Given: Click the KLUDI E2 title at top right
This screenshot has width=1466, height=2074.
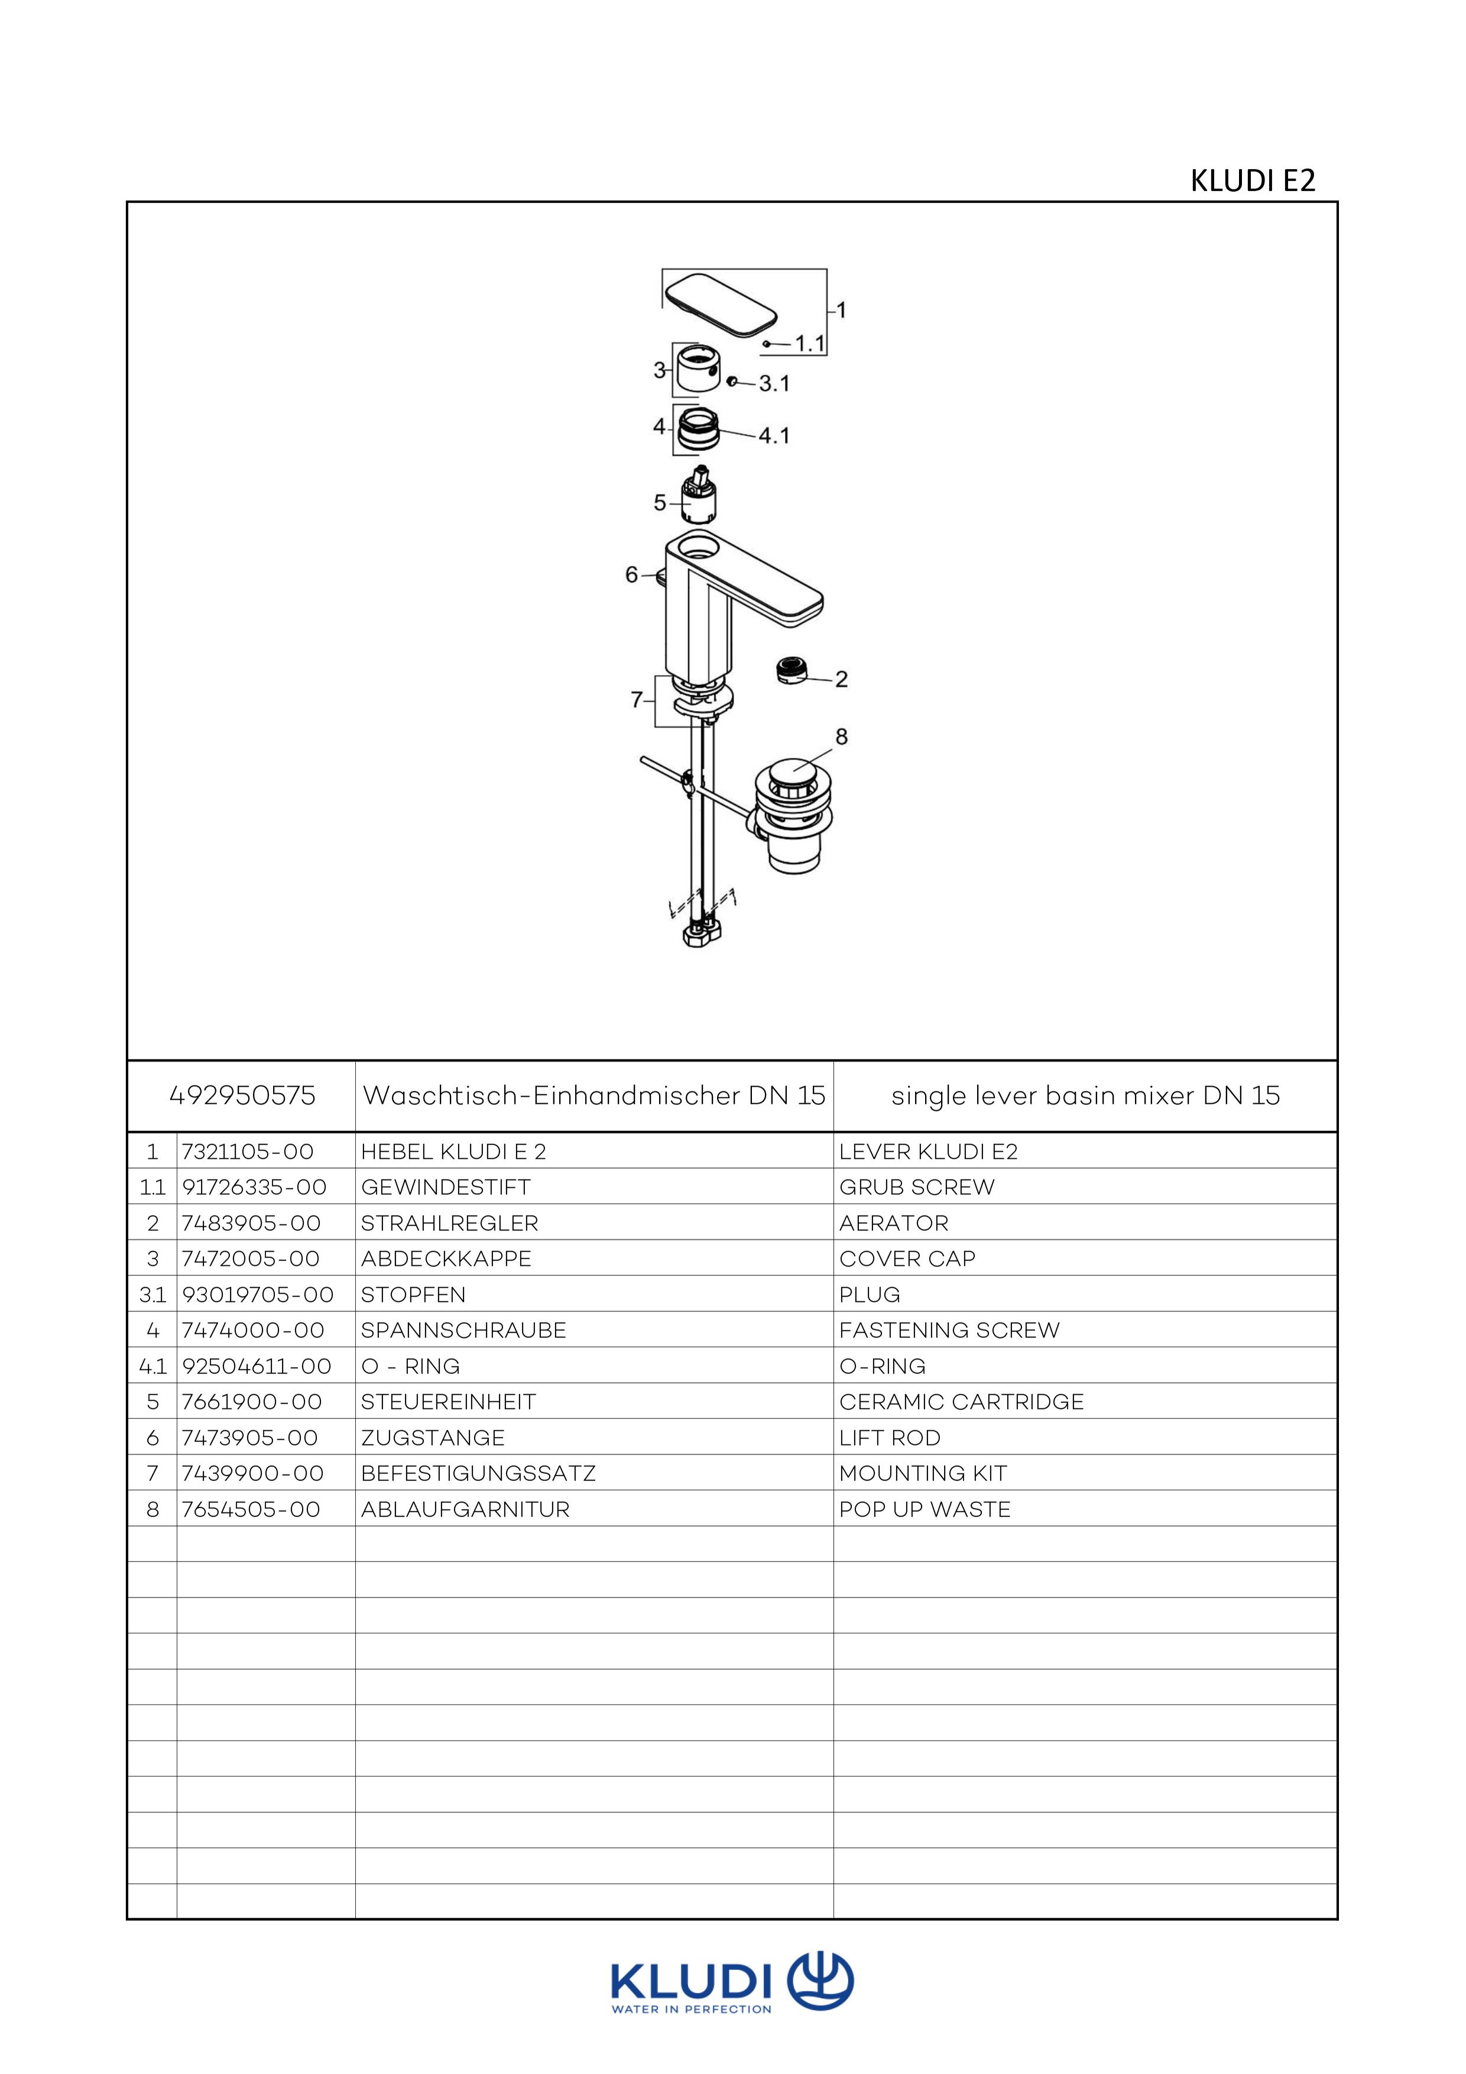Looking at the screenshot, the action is pyautogui.click(x=1252, y=181).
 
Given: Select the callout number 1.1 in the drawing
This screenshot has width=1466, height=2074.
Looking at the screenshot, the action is pyautogui.click(x=810, y=343).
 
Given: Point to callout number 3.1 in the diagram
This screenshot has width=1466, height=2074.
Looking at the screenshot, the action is pyautogui.click(x=774, y=384).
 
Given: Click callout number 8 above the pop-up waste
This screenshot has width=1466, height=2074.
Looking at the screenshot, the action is pyautogui.click(x=841, y=737).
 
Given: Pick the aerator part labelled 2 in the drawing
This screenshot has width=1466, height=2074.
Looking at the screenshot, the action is pyautogui.click(x=792, y=671).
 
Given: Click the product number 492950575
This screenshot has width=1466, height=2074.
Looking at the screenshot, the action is pyautogui.click(x=242, y=1096).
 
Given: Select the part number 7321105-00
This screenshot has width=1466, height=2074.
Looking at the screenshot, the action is pyautogui.click(x=248, y=1152).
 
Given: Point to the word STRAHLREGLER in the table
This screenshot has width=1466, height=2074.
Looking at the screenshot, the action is pyautogui.click(x=449, y=1223).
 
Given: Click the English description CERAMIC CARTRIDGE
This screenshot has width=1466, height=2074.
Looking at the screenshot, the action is pyautogui.click(x=961, y=1402).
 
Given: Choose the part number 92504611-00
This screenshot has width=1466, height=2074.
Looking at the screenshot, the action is pyautogui.click(x=257, y=1366).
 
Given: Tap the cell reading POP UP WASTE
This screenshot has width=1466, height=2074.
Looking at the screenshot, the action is pyautogui.click(x=925, y=1509).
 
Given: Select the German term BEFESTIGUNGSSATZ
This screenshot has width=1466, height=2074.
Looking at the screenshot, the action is pyautogui.click(x=478, y=1473).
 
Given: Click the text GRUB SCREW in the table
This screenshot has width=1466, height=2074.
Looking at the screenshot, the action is pyautogui.click(x=917, y=1187).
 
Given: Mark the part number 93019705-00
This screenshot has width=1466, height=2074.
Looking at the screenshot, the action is pyautogui.click(x=257, y=1294).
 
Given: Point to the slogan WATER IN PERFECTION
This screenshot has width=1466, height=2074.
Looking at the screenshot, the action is pyautogui.click(x=692, y=2009).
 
